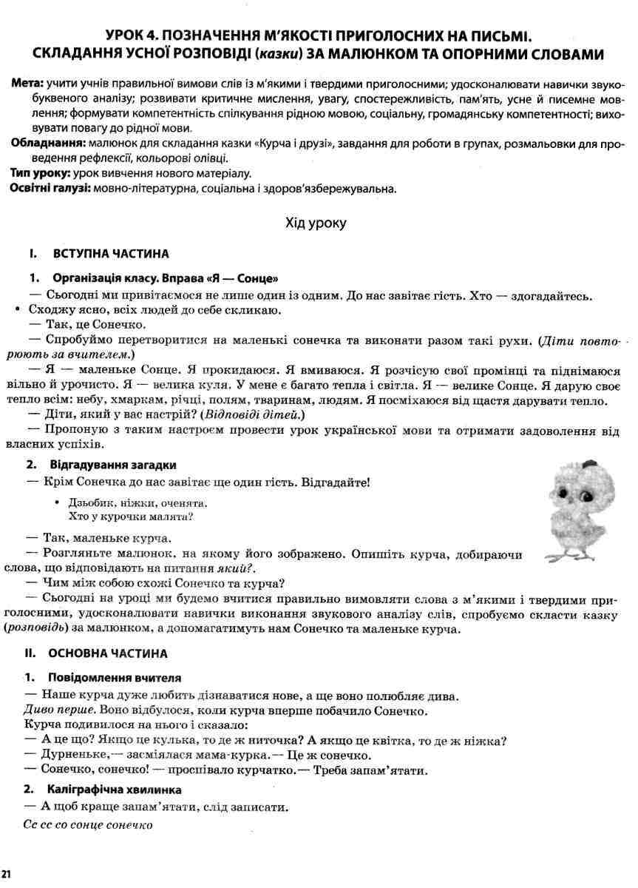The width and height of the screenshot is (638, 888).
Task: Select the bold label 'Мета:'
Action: [27, 86]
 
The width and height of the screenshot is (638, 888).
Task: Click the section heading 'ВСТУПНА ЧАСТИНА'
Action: [111, 254]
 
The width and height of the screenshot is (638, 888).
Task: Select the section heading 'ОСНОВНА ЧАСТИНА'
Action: [107, 653]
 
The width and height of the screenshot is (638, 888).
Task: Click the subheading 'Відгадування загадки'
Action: [112, 465]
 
